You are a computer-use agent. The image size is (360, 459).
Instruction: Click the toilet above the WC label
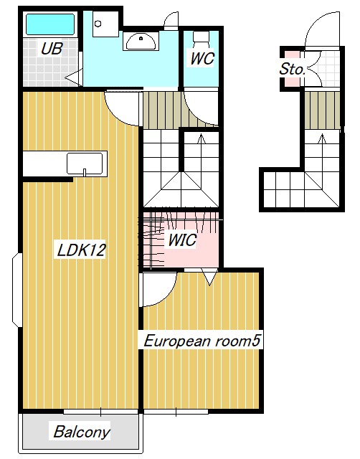point(201,37)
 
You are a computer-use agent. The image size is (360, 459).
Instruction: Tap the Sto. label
point(293,70)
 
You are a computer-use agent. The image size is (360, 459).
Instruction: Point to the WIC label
point(182,240)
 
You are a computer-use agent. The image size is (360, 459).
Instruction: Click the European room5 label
point(201,341)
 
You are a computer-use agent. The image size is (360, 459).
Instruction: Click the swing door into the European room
point(156,290)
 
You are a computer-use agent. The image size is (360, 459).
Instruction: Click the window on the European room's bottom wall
point(176,412)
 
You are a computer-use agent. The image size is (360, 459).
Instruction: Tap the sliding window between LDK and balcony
point(100,412)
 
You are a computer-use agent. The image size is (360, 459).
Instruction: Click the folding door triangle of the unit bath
point(73,75)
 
